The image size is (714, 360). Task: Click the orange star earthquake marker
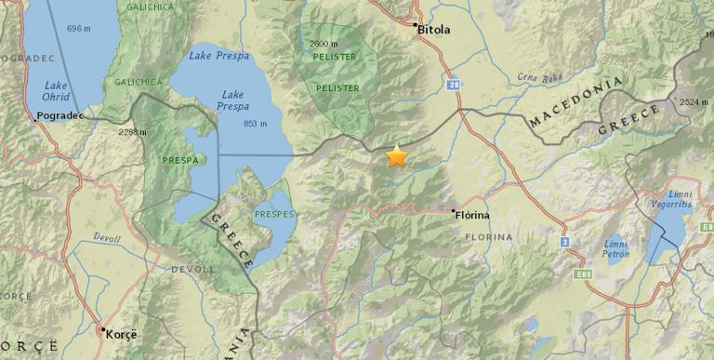click(x=397, y=155)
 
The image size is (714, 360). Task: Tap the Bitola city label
click(x=434, y=29)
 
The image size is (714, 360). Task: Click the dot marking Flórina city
click(x=454, y=212)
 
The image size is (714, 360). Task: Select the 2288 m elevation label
click(x=133, y=132)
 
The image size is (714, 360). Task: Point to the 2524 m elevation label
click(x=694, y=102)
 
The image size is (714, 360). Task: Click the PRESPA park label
click(x=178, y=160)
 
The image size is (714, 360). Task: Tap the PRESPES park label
click(x=274, y=214)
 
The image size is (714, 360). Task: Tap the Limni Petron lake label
click(x=615, y=248)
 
